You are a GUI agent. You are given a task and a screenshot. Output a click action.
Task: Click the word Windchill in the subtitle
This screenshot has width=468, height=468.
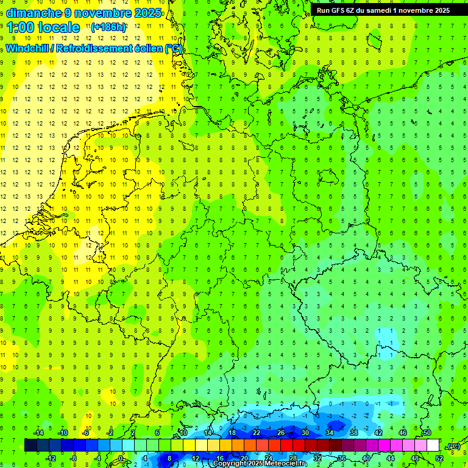[x=29, y=48]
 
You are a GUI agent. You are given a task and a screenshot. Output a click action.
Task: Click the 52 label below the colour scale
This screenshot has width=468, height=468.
[x=439, y=458]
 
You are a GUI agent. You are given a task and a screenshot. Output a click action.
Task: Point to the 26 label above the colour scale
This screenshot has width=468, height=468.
[x=281, y=433]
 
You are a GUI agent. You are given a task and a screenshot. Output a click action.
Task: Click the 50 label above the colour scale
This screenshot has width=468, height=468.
[x=427, y=433]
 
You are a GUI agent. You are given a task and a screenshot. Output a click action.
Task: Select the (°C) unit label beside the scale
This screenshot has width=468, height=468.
[x=453, y=446]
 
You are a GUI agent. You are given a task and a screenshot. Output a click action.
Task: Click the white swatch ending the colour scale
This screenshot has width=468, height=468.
[x=433, y=445]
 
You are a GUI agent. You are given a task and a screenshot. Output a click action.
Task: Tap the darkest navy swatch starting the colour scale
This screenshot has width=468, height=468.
[x=30, y=445]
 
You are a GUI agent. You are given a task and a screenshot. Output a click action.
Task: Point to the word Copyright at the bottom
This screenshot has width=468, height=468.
[x=232, y=464]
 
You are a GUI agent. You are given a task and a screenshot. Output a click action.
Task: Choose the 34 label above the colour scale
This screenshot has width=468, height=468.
[x=330, y=433]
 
